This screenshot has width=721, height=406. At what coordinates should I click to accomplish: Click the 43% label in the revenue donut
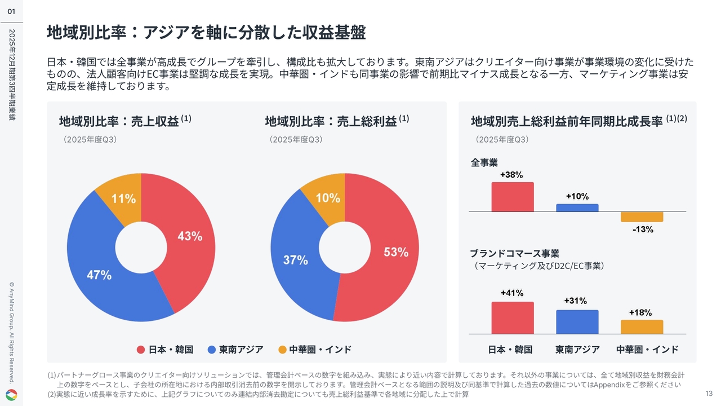coord(190,236)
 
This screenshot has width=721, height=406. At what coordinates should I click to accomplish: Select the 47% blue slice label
coord(99,275)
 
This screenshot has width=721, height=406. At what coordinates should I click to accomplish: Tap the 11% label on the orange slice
coord(123,198)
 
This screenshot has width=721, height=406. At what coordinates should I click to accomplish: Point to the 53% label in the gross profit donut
coord(396,252)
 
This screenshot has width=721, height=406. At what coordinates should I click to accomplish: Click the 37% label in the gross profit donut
coord(295,260)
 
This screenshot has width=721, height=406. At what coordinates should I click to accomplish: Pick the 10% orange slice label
coord(328,198)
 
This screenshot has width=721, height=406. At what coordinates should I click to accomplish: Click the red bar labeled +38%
coord(512,197)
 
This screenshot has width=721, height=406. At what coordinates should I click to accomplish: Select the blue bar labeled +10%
coord(577,208)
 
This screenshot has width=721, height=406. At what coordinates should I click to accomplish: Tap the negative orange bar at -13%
coord(642,217)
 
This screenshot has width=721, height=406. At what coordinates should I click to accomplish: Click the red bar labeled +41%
coord(512,318)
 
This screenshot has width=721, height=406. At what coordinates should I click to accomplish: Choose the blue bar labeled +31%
coord(577,322)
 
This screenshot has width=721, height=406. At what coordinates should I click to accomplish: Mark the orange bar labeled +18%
coord(642,327)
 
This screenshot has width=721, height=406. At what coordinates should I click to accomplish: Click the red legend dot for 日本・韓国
coord(141,350)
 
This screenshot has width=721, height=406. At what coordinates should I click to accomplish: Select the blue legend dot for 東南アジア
coord(212,350)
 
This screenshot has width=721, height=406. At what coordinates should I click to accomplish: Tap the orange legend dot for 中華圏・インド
coord(282,350)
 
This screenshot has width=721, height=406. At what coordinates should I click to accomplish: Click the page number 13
coord(709,393)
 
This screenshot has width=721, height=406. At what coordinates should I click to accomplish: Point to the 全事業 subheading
coord(484,163)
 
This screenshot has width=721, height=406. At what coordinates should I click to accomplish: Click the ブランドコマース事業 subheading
coord(514,253)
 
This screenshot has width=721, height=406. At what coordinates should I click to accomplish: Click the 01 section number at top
coord(11,11)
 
